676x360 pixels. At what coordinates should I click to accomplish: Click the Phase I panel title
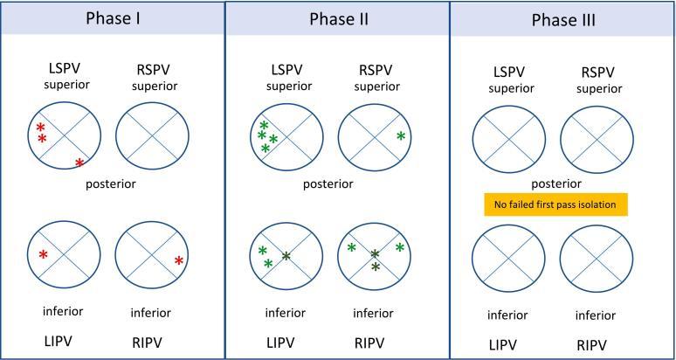pos(112,18)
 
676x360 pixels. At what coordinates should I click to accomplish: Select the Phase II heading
pos(336,18)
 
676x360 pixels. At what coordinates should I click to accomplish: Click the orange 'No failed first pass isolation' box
pos(556,204)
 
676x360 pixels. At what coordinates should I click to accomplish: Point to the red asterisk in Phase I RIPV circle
pos(178,260)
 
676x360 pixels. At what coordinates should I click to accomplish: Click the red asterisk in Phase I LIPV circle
pos(43,255)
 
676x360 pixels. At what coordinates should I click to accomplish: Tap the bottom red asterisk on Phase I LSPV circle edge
pos(79,163)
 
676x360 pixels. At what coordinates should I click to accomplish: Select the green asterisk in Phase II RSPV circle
pos(400,135)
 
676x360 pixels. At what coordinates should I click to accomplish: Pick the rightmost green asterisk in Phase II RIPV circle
pos(399,248)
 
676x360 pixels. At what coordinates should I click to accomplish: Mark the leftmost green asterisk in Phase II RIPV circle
pos(351,248)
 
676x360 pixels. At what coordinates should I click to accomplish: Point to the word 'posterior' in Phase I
pos(111,184)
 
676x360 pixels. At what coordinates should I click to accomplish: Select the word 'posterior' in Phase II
pos(328,184)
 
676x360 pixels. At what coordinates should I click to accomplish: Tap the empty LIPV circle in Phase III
pos(506,259)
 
